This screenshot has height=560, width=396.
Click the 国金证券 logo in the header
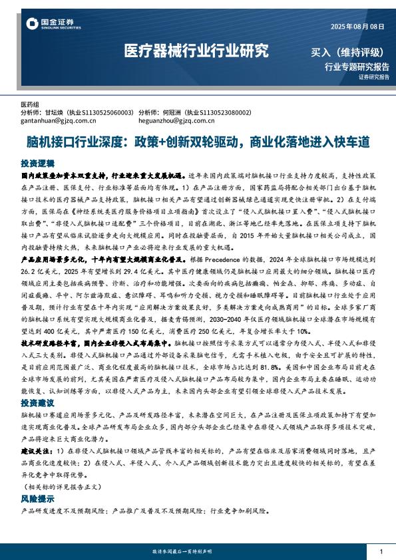tap(49, 25)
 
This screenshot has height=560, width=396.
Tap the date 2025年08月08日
tap(357, 26)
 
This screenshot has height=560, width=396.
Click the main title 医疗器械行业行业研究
tap(197, 51)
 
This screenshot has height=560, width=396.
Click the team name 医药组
tap(30, 105)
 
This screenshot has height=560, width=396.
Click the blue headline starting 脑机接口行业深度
tap(197, 142)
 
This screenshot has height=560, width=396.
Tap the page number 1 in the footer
tap(381, 552)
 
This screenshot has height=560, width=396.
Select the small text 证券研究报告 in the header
tap(373, 77)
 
